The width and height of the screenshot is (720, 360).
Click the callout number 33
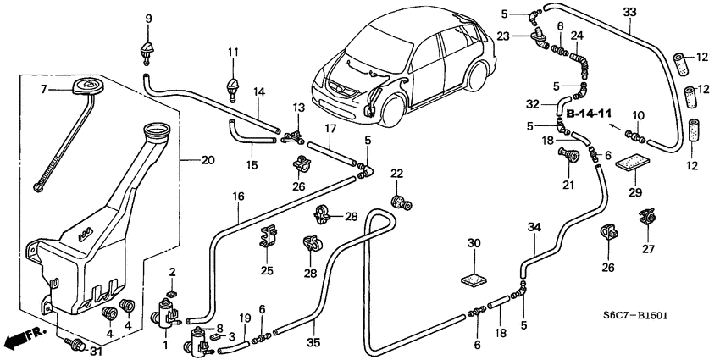pyautogui.click(x=629, y=12)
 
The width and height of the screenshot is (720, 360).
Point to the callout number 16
pyautogui.click(x=239, y=197)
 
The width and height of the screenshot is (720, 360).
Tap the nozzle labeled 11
pyautogui.click(x=231, y=86)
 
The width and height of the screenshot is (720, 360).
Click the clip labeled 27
pyautogui.click(x=650, y=218)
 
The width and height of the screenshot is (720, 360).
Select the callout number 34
pyautogui.click(x=533, y=226)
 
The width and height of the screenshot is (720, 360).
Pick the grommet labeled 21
pyautogui.click(x=569, y=155)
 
